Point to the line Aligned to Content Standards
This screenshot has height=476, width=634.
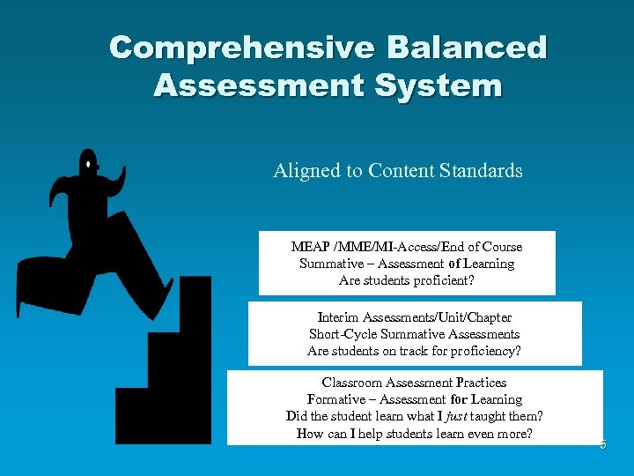(397, 170)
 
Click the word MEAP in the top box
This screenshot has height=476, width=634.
(308, 247)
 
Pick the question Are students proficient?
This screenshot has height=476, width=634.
(406, 281)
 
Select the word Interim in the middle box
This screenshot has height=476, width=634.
(337, 317)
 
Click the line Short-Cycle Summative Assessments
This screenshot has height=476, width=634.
(414, 334)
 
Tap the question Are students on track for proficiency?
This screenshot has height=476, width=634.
(414, 351)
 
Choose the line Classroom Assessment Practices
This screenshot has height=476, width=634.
(414, 383)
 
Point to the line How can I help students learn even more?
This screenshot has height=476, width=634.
(414, 433)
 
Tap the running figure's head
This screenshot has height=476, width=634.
(88, 162)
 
